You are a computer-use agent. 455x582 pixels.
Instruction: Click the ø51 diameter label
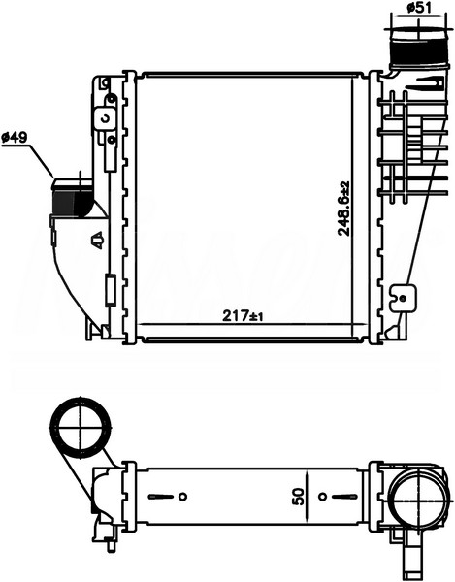419,7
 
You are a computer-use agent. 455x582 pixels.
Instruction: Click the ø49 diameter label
15,138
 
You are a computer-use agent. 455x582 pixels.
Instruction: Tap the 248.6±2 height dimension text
343,209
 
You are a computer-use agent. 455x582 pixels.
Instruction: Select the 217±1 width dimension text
244,316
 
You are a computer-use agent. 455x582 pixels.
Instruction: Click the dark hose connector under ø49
73,198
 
